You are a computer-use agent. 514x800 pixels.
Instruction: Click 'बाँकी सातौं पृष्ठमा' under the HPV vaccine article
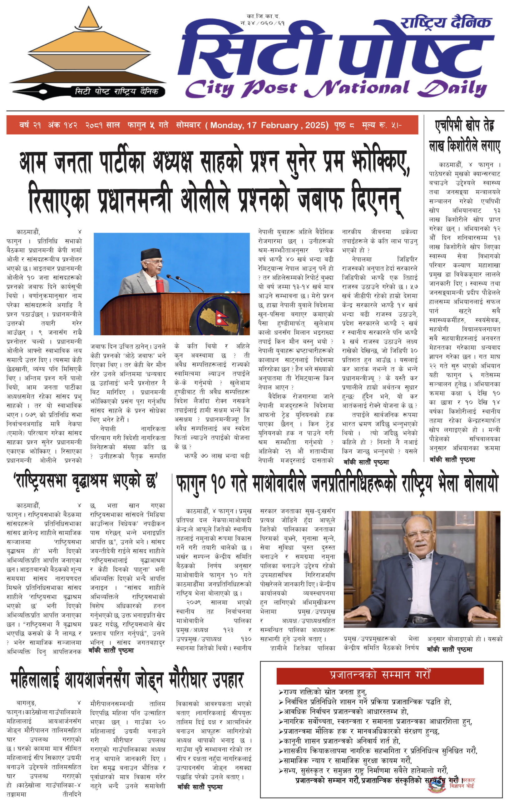(452, 460)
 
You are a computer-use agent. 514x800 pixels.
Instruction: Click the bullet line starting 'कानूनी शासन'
(340, 741)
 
